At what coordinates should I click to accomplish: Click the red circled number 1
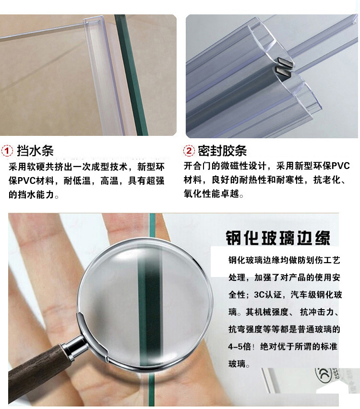[x=7, y=151]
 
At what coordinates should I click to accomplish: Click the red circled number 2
[x=189, y=151]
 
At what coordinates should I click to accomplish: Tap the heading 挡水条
[x=35, y=151]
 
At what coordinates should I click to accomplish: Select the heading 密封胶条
[x=222, y=151]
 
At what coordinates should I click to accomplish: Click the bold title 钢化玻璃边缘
[x=278, y=238]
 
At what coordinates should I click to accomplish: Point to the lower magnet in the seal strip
[x=283, y=72]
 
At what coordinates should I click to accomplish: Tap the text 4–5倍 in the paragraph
[x=240, y=347]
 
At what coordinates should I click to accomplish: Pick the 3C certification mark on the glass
[x=323, y=375]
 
